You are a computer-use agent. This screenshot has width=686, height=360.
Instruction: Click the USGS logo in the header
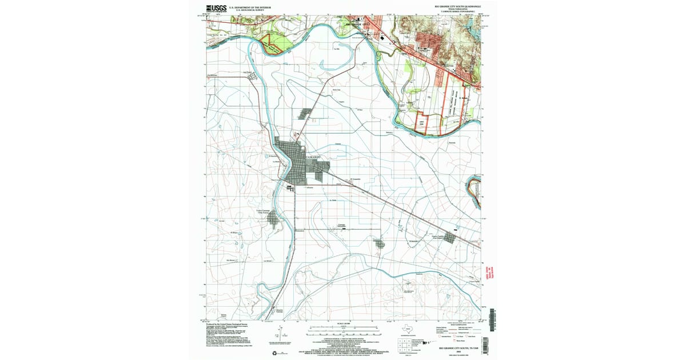click(216, 8)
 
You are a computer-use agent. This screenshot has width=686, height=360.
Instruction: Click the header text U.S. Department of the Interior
click(247, 7)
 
